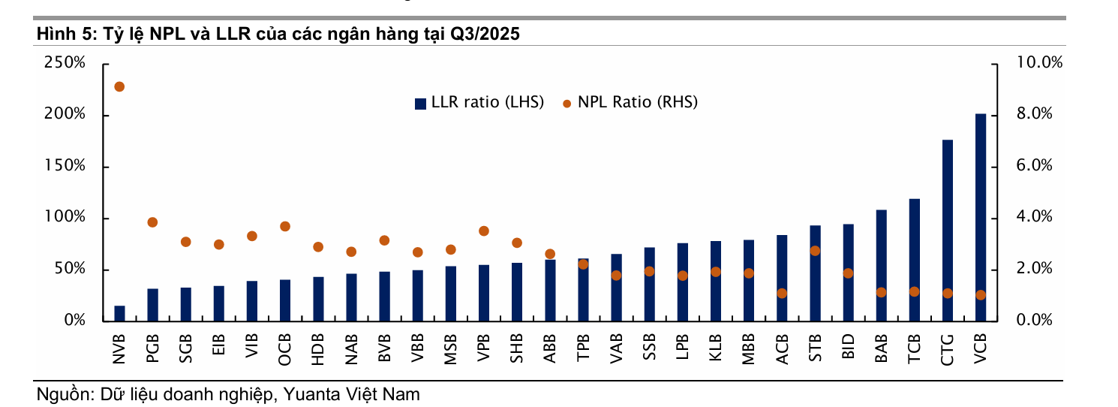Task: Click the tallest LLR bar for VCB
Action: point(980,218)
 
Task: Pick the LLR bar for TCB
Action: point(914,260)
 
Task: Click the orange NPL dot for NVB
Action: point(119,86)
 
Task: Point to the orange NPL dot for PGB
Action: point(152,222)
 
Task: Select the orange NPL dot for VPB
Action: point(484,231)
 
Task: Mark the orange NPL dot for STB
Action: point(815,251)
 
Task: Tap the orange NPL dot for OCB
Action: point(285,226)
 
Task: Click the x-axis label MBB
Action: point(748,348)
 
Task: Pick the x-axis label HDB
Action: point(317,348)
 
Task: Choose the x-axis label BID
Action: point(848,348)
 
